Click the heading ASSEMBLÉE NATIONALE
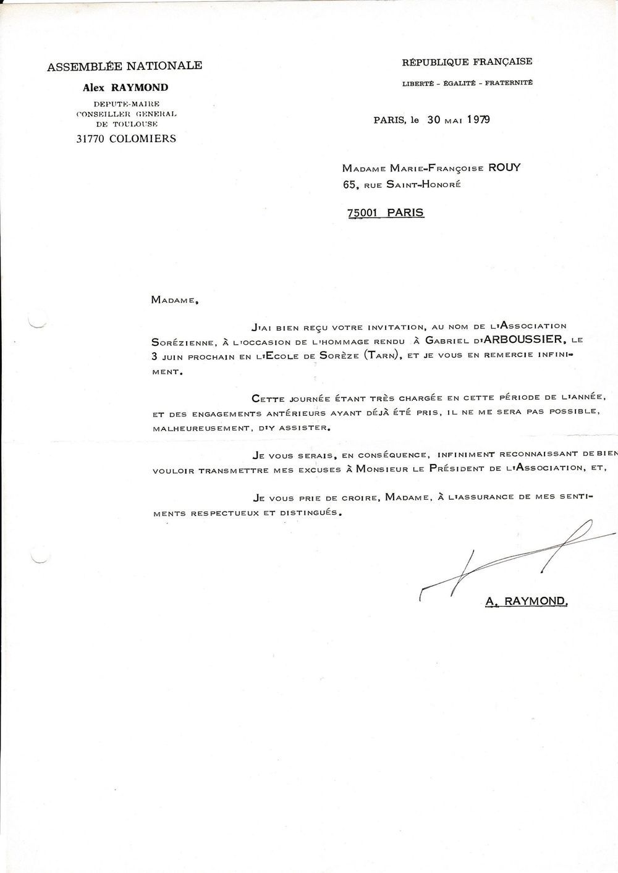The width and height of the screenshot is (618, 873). coord(124,65)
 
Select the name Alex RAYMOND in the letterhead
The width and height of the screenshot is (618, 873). coord(125,88)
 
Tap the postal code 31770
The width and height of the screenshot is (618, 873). coord(90,138)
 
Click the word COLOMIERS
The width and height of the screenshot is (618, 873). coord(143,138)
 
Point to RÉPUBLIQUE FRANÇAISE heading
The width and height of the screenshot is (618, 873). coord(467,62)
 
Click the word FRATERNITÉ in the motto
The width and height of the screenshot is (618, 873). coord(509,83)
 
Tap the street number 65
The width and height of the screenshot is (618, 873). coord(350,183)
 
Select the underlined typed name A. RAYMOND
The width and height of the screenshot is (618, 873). coord(526,601)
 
